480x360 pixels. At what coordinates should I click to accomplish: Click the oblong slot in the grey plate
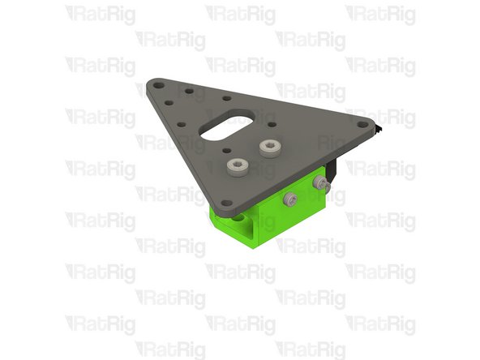click(x=225, y=127)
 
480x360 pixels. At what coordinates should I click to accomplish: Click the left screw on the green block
click(x=289, y=198)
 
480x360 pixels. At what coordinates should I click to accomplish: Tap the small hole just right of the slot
click(x=272, y=125)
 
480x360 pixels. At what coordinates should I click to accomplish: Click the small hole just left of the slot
click(x=182, y=124)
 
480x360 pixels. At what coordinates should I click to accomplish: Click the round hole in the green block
click(x=240, y=217)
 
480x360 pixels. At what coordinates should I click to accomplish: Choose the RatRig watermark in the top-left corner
click(x=101, y=13)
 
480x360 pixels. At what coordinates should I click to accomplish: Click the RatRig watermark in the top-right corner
click(x=381, y=13)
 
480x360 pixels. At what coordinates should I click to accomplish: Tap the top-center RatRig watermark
click(x=241, y=13)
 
